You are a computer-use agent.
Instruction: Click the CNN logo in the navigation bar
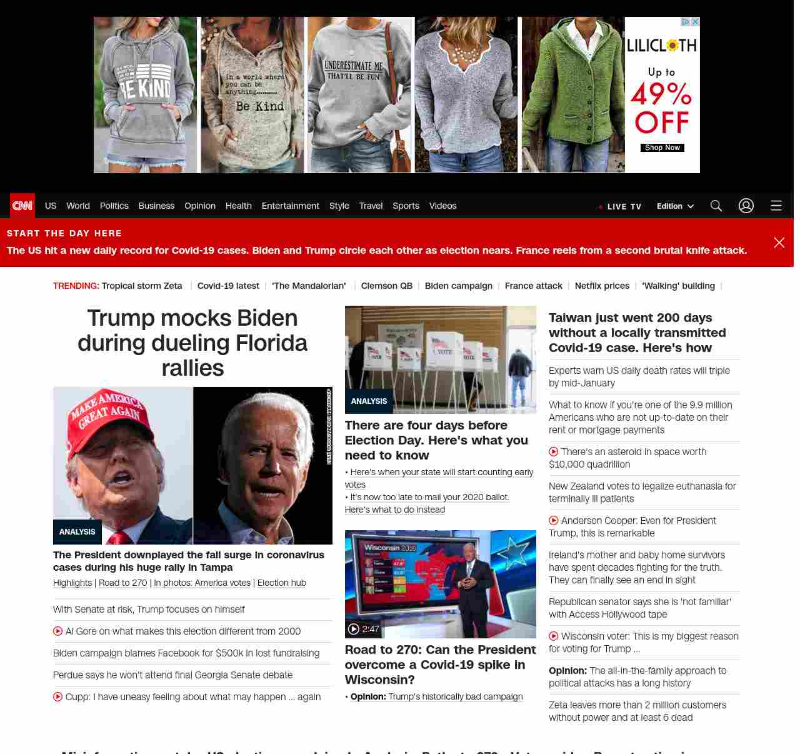[22, 206]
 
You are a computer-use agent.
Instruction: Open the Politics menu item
[114, 206]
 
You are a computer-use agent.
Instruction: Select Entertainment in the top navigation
[290, 206]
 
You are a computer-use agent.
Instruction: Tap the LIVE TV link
[623, 206]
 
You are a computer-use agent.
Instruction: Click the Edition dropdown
[675, 206]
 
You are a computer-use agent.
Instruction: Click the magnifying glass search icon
[716, 206]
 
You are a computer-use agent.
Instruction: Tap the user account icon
[746, 206]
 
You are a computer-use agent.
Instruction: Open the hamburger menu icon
[776, 206]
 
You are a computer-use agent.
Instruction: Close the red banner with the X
[779, 243]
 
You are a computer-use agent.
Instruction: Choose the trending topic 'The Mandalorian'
[309, 286]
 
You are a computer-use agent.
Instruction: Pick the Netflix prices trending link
[602, 286]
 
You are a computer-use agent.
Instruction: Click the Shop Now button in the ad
[662, 148]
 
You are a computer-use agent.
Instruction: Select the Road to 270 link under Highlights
[123, 583]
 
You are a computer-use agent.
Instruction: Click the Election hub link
[282, 583]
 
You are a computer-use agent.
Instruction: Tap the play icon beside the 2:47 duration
[354, 629]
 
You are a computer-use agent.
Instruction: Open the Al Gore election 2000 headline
[183, 631]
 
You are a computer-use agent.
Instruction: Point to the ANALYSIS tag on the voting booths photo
[369, 401]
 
